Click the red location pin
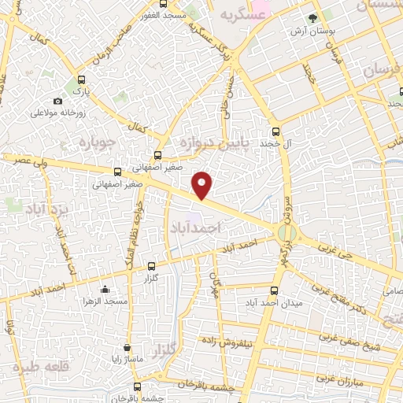(x=202, y=184)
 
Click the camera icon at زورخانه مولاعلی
(x=57, y=102)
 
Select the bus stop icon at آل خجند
(x=275, y=132)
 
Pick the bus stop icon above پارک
(x=81, y=80)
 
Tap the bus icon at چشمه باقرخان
(x=138, y=386)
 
